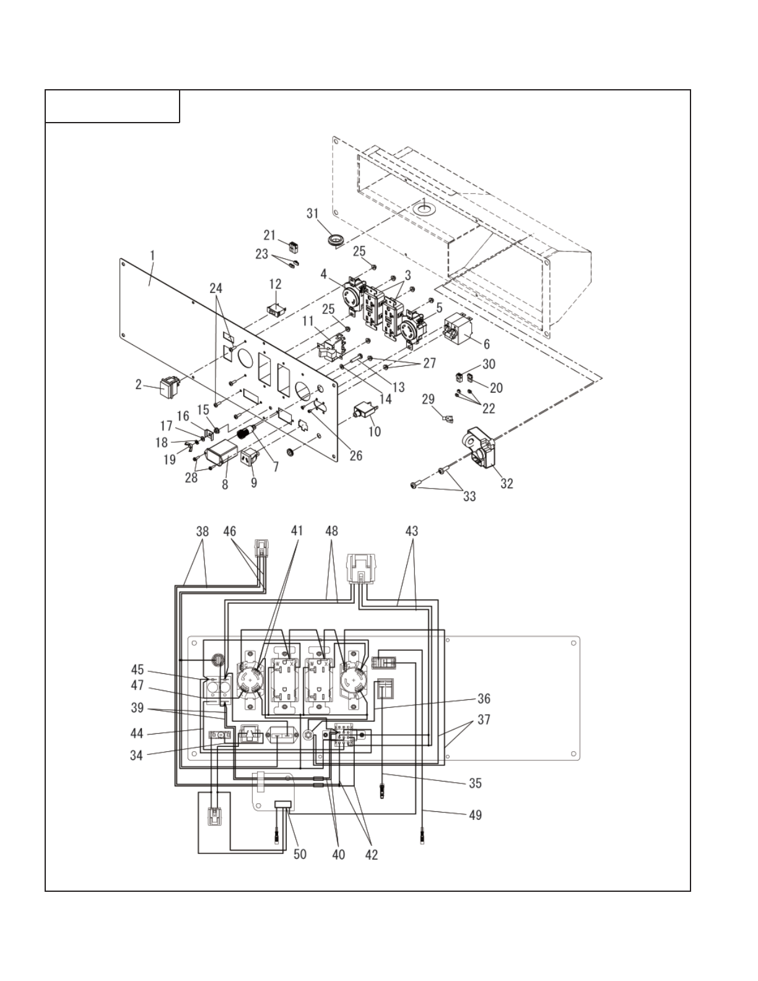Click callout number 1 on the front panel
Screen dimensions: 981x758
click(152, 255)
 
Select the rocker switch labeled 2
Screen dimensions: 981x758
click(168, 387)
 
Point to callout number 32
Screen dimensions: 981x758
click(507, 484)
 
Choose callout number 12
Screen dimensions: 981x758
click(275, 284)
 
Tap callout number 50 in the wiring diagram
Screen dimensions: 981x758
click(300, 854)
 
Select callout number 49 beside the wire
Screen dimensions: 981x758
click(474, 814)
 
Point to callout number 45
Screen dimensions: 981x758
click(137, 669)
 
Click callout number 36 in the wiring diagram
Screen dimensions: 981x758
click(484, 699)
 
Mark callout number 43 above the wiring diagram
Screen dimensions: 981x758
click(412, 531)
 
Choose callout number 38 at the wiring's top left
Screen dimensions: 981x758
click(203, 531)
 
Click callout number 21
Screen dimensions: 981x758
click(269, 235)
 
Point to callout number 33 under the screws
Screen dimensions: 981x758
click(469, 496)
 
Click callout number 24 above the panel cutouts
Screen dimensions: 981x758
click(216, 288)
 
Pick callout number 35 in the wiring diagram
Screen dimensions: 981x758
click(475, 783)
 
